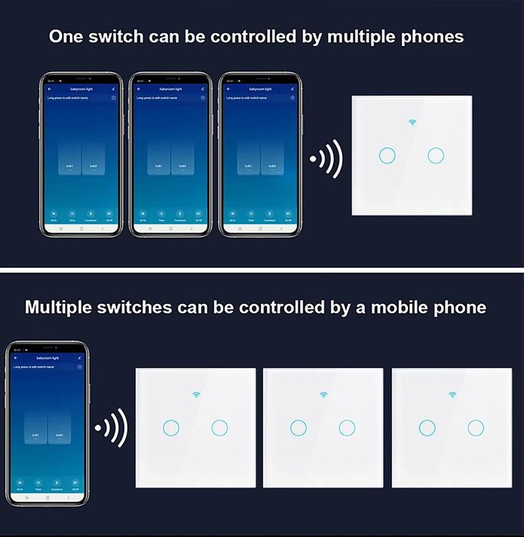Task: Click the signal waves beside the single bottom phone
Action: tap(110, 427)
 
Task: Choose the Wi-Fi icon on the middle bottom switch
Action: tap(322, 395)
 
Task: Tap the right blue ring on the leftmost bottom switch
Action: tap(219, 427)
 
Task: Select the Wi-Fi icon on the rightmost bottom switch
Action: tap(450, 395)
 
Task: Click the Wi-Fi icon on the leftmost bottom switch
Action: tap(195, 395)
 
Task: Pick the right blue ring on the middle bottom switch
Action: tap(347, 427)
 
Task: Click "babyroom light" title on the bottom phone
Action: tap(48, 358)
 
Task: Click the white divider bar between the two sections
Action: tap(262, 269)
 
